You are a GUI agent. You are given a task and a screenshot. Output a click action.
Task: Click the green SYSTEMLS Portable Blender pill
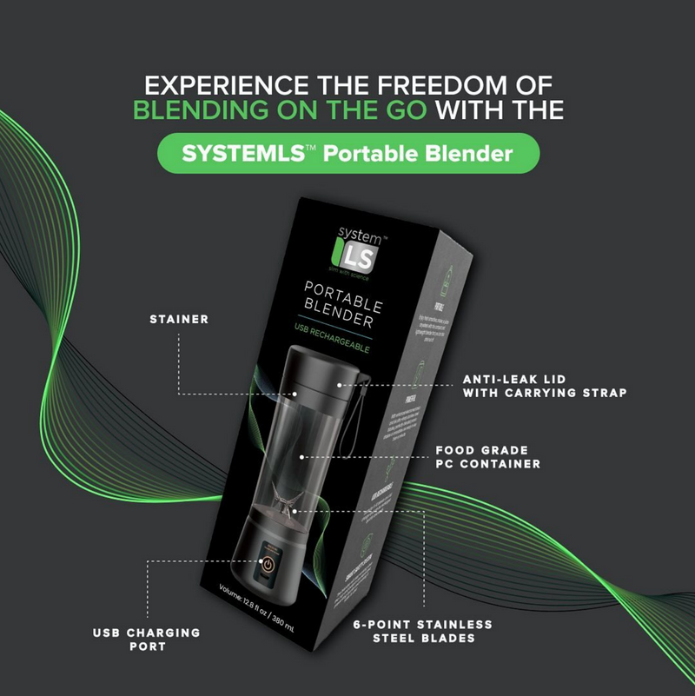coord(347,154)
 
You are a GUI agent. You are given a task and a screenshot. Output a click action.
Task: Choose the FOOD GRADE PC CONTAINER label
coord(487,457)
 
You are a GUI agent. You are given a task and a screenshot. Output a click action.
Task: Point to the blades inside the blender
coord(287,504)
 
